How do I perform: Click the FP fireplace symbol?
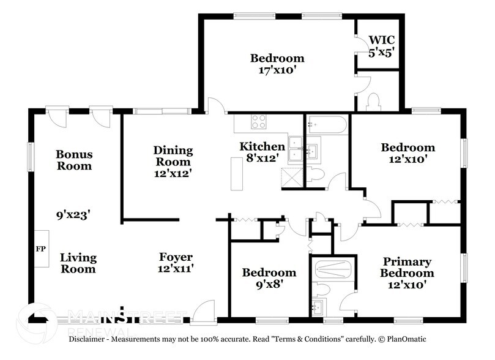coord(41,249)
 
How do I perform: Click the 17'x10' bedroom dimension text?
coord(277,70)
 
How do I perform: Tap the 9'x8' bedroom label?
coord(269,278)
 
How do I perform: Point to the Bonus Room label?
coord(74,160)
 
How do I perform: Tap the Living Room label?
coord(78,263)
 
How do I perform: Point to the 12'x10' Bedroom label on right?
coord(408,153)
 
